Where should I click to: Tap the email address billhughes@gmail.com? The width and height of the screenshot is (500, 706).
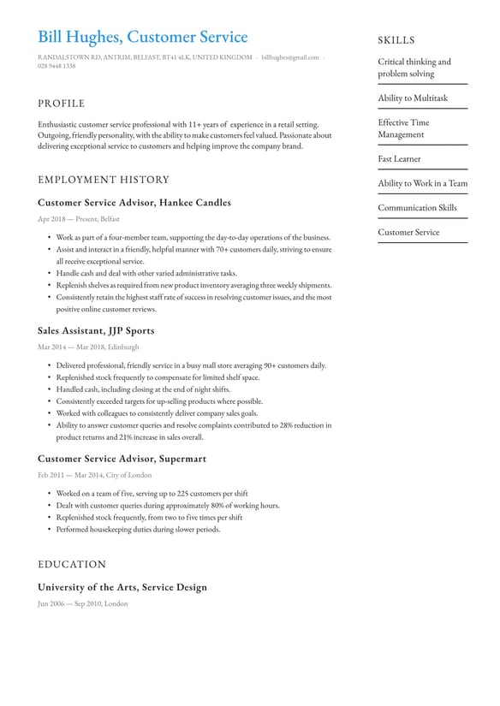pos(290,57)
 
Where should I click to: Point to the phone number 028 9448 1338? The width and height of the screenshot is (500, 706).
pos(57,66)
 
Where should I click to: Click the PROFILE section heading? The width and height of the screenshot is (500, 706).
pos(61,104)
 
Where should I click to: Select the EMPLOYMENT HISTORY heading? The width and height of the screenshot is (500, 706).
pos(104,180)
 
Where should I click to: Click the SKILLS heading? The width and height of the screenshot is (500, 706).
pos(396,40)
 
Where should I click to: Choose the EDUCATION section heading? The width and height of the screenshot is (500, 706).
pos(72,564)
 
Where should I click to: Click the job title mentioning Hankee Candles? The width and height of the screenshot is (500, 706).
pos(134,203)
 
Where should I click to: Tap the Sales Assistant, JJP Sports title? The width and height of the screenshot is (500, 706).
pos(96,330)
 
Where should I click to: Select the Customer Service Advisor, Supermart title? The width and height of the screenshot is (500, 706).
pos(122,459)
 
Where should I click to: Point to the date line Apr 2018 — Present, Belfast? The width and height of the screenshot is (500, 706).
pos(79,219)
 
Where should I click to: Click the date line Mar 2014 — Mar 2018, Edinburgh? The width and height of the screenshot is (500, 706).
pos(88,347)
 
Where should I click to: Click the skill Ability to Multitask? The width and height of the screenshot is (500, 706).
pos(413,98)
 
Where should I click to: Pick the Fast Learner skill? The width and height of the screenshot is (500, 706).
pos(399,159)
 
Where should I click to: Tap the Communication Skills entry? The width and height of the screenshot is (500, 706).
pos(417,208)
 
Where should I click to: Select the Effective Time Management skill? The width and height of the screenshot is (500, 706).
pos(403,128)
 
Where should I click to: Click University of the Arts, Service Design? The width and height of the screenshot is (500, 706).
pos(122,587)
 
